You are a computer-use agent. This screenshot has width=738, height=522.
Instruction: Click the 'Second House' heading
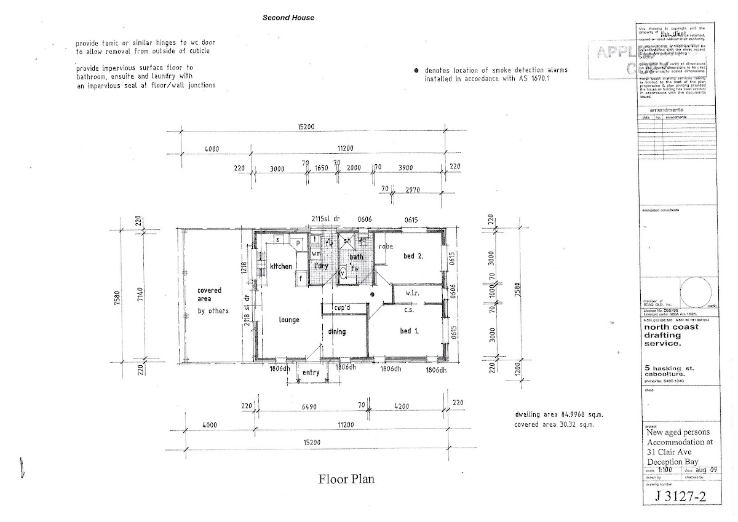point(288,18)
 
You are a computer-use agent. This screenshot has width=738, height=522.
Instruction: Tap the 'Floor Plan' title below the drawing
point(346,478)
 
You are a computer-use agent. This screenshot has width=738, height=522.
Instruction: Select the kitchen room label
point(280,266)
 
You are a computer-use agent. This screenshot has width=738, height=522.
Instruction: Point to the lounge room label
point(288,320)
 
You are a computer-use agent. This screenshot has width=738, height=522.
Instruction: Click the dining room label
point(336,332)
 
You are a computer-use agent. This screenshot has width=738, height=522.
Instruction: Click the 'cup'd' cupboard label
point(342,307)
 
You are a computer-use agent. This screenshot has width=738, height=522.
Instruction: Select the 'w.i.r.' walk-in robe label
point(412,294)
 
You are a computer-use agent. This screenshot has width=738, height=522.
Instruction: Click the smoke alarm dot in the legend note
point(417,70)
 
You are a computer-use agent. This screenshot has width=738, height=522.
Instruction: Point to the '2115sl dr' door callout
point(326,218)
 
